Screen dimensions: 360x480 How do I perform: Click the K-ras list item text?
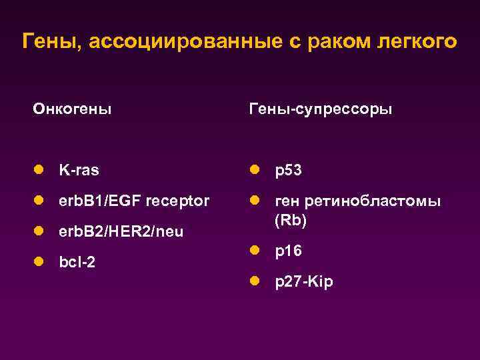(x=79, y=170)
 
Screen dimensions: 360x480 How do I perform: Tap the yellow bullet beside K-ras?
(x=40, y=170)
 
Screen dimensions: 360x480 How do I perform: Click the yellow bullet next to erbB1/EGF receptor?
(x=40, y=201)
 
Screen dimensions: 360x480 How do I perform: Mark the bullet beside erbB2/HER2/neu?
(x=40, y=231)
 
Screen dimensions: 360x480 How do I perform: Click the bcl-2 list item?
(x=77, y=262)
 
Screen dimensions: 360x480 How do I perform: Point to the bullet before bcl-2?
(x=40, y=262)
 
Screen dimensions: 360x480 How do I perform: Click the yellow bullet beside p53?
(x=255, y=170)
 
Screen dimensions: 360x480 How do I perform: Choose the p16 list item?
(x=289, y=251)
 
